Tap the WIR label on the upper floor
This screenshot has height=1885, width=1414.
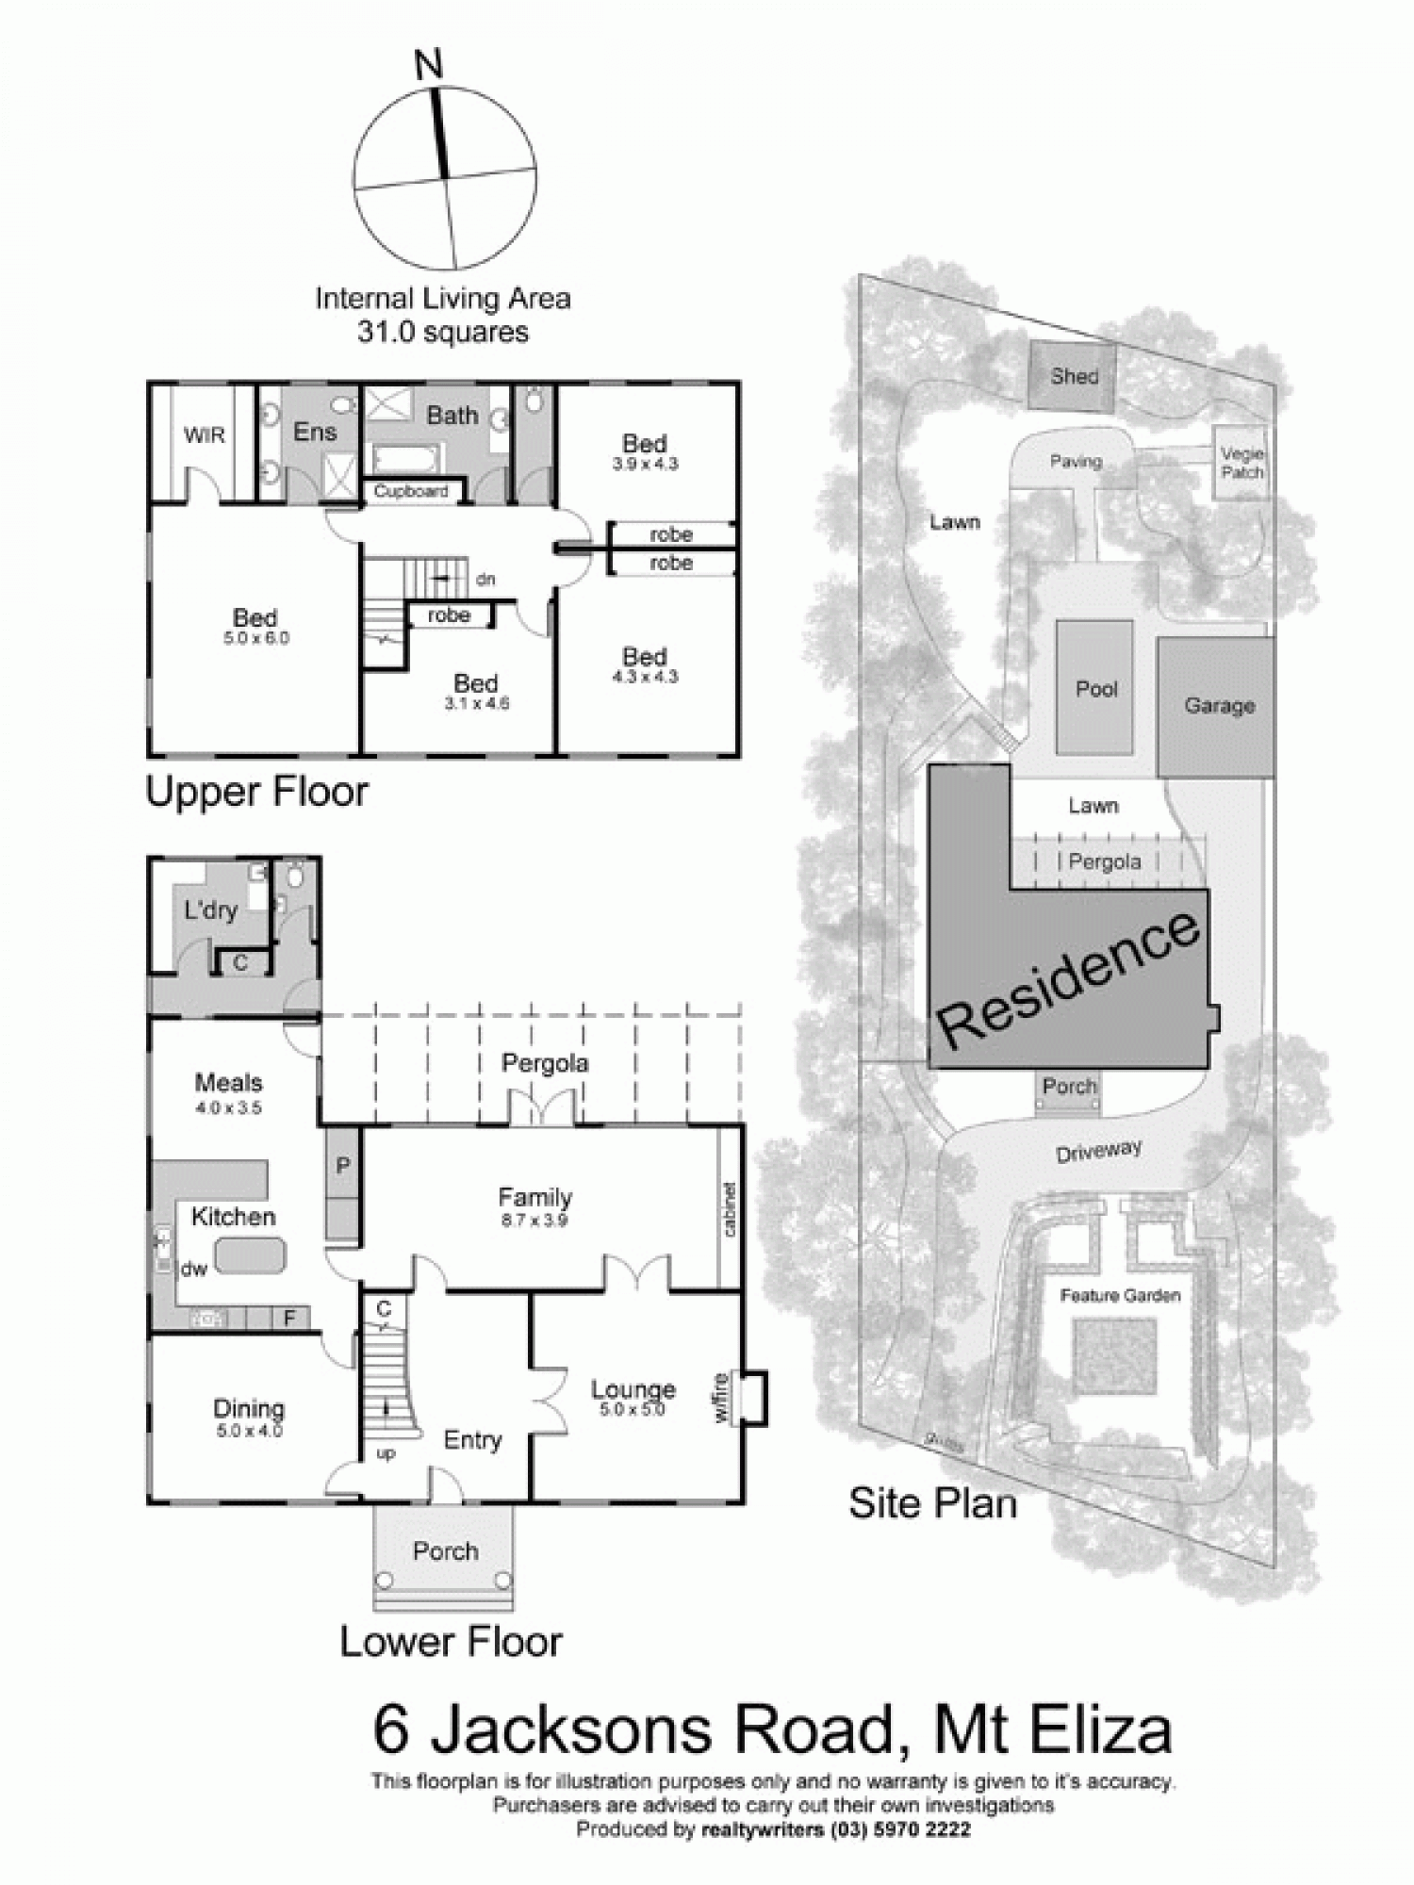pyautogui.click(x=205, y=435)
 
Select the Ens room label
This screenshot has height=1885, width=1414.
pyautogui.click(x=315, y=432)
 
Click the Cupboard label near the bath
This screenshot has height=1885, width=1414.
pyautogui.click(x=410, y=491)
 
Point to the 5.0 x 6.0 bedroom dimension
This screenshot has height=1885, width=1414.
pyautogui.click(x=256, y=638)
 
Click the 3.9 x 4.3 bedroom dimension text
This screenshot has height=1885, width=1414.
pyautogui.click(x=645, y=464)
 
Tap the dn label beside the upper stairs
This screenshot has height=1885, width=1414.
pyautogui.click(x=485, y=579)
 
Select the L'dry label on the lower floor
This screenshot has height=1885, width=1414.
pyautogui.click(x=210, y=910)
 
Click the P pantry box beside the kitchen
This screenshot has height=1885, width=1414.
pyautogui.click(x=342, y=1167)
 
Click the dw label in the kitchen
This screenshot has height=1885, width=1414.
pyautogui.click(x=194, y=1269)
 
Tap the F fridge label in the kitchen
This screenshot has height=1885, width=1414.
pyautogui.click(x=290, y=1319)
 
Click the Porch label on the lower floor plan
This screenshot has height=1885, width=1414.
pyautogui.click(x=445, y=1550)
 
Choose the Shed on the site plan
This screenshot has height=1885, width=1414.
pyautogui.click(x=1073, y=376)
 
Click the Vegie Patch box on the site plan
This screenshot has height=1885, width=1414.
pyautogui.click(x=1241, y=463)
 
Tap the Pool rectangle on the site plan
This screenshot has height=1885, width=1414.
pyautogui.click(x=1095, y=689)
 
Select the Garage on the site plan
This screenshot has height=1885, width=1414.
pyautogui.click(x=1218, y=706)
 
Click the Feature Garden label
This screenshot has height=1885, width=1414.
pyautogui.click(x=1120, y=1295)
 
